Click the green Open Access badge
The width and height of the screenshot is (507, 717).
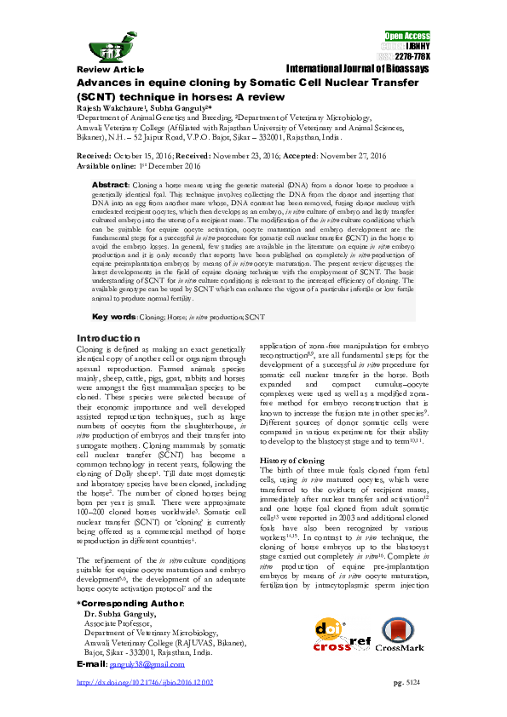point(407,37)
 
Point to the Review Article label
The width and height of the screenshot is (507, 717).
point(107,68)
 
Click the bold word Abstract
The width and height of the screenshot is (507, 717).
point(109,185)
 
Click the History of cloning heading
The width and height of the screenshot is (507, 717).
point(292,460)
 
